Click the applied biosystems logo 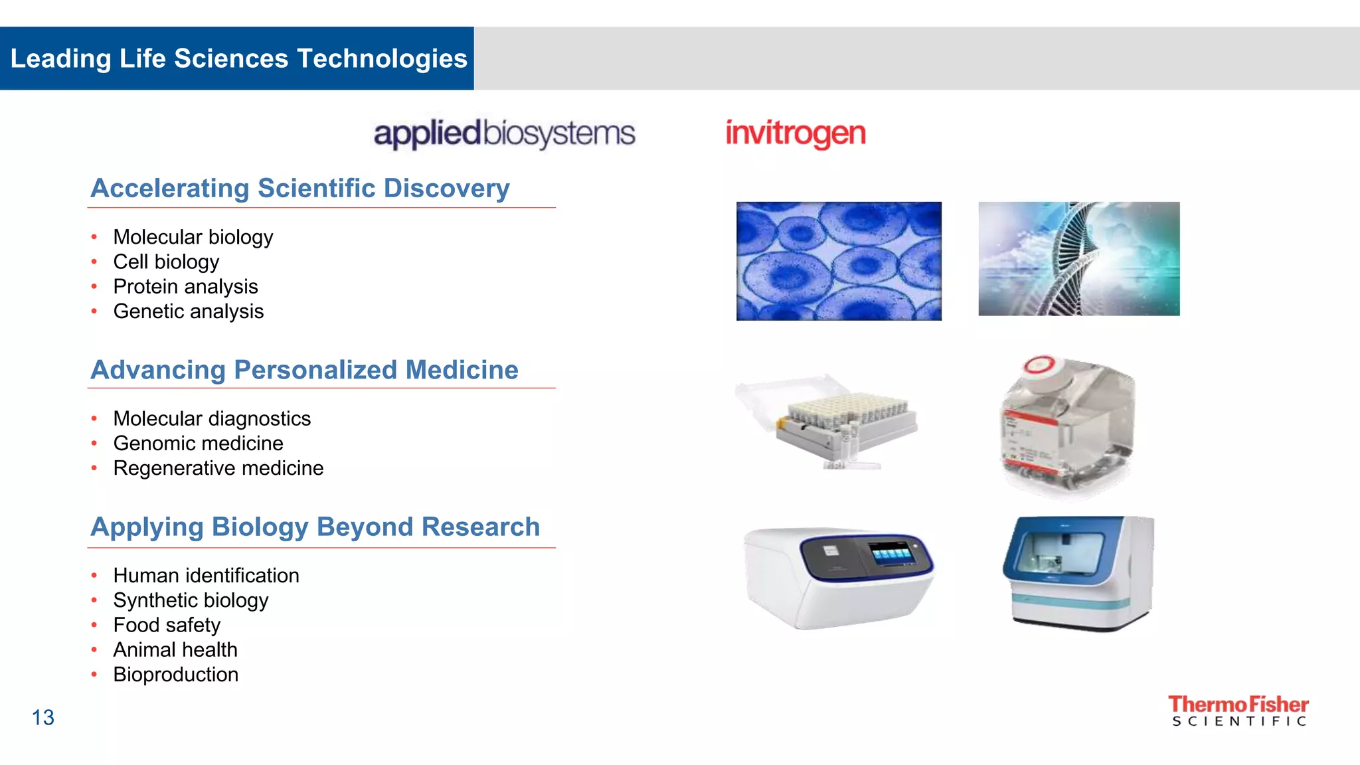tap(504, 133)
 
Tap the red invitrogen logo tap(796, 133)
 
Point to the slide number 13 tap(43, 718)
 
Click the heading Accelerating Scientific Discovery tap(300, 189)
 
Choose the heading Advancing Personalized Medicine tap(304, 370)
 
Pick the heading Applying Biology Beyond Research tap(315, 527)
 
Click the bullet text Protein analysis tap(185, 287)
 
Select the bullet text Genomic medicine tap(198, 444)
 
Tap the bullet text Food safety tap(167, 625)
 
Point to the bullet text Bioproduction tap(175, 675)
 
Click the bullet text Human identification tap(206, 576)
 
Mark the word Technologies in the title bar tap(382, 58)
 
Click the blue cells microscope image tap(839, 261)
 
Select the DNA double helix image tap(1078, 259)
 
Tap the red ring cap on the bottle tap(1040, 365)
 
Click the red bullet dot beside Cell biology tap(94, 262)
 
